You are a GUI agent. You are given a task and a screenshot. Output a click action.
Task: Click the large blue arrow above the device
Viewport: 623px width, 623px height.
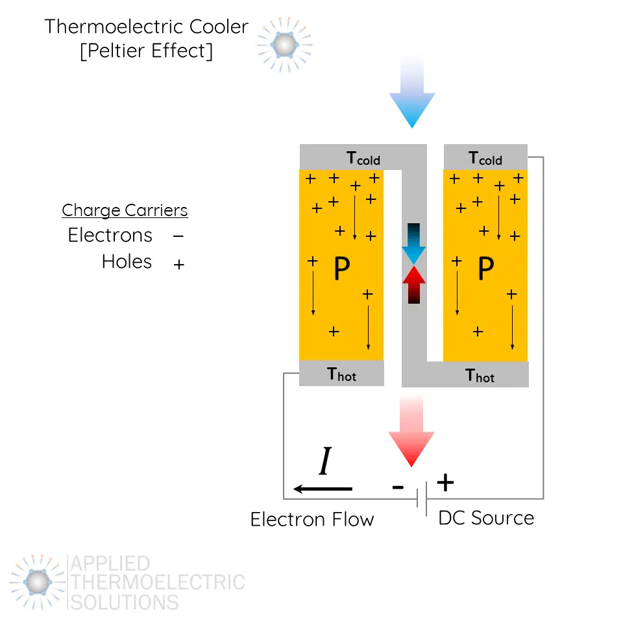[x=411, y=97]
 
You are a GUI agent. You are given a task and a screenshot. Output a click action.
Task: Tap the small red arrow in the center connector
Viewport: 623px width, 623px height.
[x=413, y=284]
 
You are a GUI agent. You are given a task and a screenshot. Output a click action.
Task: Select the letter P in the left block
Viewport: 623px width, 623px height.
[x=341, y=269]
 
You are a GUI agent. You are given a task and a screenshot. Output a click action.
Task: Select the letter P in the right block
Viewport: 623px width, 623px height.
[x=485, y=269]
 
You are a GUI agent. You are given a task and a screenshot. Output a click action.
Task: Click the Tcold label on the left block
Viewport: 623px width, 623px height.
[x=363, y=158]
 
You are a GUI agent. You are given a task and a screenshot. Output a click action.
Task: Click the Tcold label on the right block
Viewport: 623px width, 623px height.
[x=485, y=158]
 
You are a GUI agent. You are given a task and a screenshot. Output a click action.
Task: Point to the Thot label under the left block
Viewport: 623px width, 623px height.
[x=342, y=374]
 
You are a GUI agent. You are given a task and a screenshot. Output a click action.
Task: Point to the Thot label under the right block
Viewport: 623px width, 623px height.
[x=480, y=375]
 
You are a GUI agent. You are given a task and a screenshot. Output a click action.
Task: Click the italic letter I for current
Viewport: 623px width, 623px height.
[x=325, y=463]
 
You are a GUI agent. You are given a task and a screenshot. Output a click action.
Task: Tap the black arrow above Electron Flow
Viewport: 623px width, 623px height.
[x=323, y=488]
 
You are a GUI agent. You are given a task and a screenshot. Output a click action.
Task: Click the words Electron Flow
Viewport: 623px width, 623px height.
[x=312, y=519]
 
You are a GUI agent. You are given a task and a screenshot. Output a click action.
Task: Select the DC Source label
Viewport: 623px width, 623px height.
[x=486, y=518]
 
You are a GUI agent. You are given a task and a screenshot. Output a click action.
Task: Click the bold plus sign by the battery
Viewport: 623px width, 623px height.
[x=445, y=482]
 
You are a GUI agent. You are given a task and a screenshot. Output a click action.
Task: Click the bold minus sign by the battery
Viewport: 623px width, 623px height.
[x=398, y=487]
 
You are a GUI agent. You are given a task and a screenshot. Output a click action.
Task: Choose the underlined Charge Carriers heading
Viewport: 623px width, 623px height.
[x=125, y=210]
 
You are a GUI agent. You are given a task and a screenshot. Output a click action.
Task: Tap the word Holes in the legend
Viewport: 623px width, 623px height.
[x=127, y=262]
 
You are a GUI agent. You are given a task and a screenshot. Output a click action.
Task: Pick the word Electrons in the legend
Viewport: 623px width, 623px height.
[x=110, y=235]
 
